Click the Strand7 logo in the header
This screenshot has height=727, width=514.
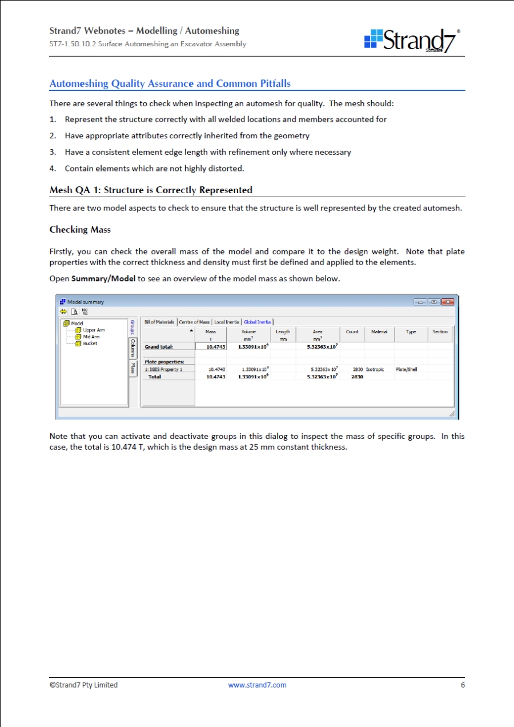click(x=412, y=39)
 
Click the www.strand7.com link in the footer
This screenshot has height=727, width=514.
click(x=257, y=685)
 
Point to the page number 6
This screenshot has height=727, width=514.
click(x=463, y=685)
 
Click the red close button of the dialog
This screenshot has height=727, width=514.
click(x=447, y=302)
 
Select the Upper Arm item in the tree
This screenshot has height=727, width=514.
click(x=94, y=330)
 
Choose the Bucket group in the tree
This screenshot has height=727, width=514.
click(x=90, y=343)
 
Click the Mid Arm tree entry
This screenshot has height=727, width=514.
click(x=91, y=337)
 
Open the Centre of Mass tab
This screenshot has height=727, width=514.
click(x=194, y=322)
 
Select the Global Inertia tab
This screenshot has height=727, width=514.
click(x=258, y=322)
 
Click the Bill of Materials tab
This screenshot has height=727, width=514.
click(x=159, y=322)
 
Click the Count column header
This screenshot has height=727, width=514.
click(x=352, y=331)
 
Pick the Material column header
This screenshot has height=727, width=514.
click(x=379, y=331)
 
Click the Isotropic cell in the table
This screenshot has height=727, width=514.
click(x=375, y=369)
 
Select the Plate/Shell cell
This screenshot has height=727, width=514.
click(x=406, y=369)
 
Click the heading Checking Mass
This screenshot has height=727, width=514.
click(x=80, y=230)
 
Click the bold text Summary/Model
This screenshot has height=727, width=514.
click(x=103, y=279)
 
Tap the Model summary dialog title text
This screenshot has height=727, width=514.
click(x=86, y=302)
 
